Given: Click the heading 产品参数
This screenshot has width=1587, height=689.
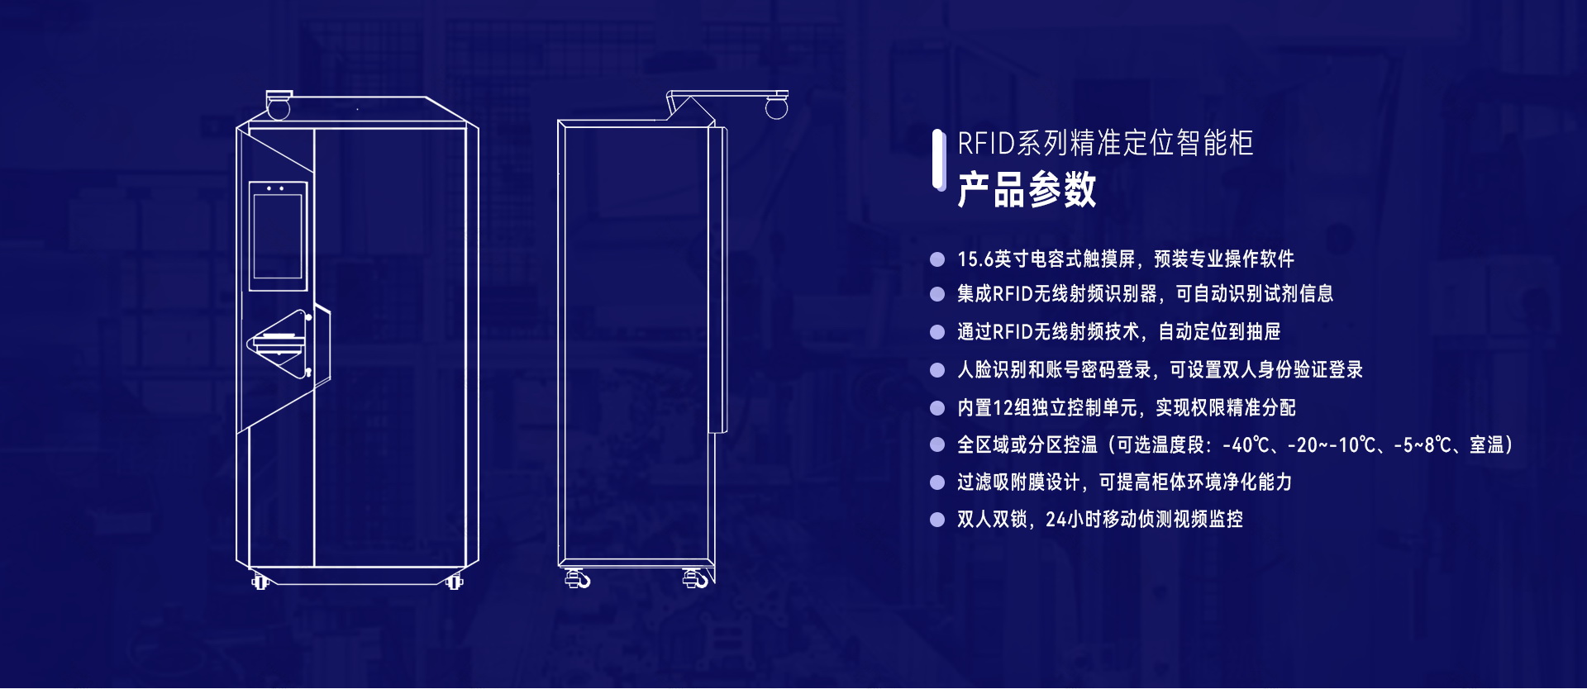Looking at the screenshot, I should click(1027, 190).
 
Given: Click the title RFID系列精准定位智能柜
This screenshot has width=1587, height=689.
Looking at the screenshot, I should click(1105, 143).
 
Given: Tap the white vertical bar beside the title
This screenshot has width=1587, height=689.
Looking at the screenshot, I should click(938, 159).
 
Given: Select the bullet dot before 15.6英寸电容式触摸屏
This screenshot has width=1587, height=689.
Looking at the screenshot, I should click(937, 259).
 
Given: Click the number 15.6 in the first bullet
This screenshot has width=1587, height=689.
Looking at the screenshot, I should click(975, 259).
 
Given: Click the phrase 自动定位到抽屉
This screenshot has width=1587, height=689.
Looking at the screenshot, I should click(1219, 332).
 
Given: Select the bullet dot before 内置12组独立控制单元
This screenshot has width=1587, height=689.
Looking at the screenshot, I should click(937, 408).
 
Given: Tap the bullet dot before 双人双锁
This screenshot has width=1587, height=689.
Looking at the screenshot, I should click(937, 520).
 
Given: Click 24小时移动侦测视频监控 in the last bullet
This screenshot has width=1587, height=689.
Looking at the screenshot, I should click(1144, 520).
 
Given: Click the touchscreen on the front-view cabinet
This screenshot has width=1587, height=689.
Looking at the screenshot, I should click(278, 236).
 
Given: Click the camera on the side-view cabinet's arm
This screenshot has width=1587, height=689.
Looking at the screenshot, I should click(776, 106).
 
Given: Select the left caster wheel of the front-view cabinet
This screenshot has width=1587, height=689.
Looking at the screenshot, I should click(260, 582).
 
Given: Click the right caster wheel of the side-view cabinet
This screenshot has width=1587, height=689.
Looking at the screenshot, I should click(697, 578).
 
